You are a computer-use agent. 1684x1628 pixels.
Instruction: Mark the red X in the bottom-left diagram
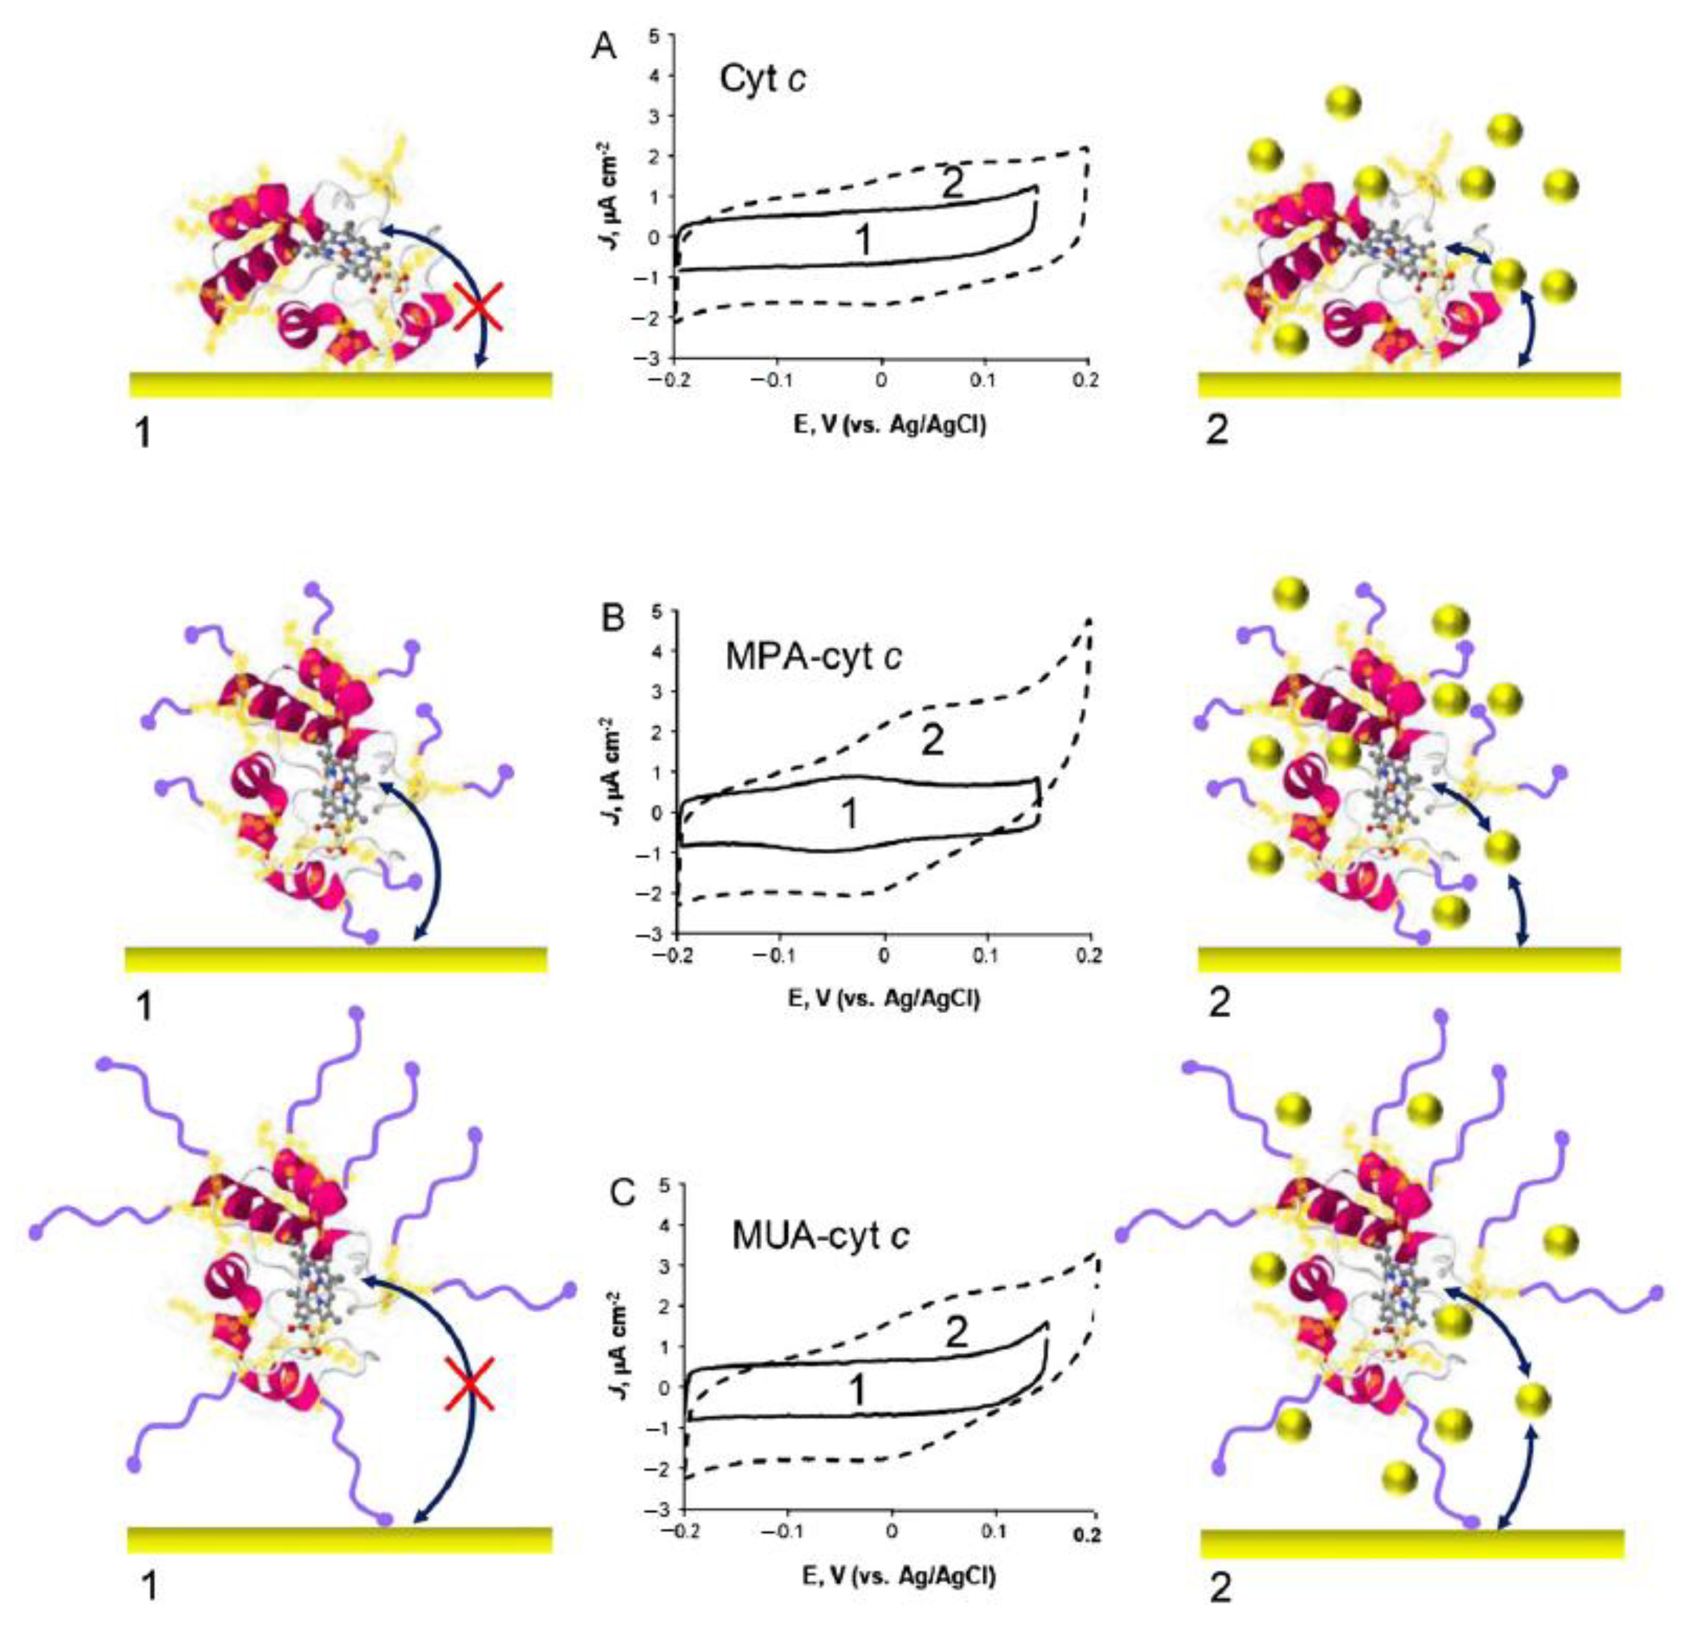click(468, 1384)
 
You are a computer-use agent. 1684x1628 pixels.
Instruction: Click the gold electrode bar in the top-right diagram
click(1409, 384)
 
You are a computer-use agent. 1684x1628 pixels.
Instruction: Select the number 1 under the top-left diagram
click(144, 432)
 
